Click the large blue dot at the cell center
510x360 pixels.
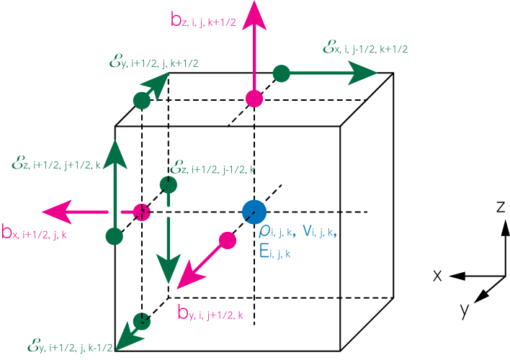pos(254,212)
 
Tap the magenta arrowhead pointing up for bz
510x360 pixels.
pos(254,15)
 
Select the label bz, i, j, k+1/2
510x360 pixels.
pos(203,20)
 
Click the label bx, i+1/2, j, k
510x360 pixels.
pos(34,232)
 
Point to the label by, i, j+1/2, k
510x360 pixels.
pos(210,313)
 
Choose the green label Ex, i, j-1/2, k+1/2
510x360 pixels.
pos(365,48)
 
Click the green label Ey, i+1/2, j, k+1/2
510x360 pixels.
pos(154,62)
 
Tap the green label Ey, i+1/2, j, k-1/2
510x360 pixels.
pos(70,346)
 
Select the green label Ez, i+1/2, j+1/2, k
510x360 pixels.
pos(56,163)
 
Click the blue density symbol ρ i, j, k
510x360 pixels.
pos(277,231)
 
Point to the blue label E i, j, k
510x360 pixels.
pos(275,251)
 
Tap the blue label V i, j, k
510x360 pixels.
pos(319,231)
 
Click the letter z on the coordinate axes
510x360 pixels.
pos(501,207)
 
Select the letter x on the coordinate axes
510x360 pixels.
pos(438,276)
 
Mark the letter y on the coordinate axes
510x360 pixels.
pos(465,310)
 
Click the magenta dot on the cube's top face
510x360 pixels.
pos(254,99)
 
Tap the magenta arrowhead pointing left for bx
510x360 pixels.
pos(57,212)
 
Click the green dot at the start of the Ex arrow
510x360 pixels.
pos(282,73)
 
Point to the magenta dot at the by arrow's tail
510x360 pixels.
pos(228,240)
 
